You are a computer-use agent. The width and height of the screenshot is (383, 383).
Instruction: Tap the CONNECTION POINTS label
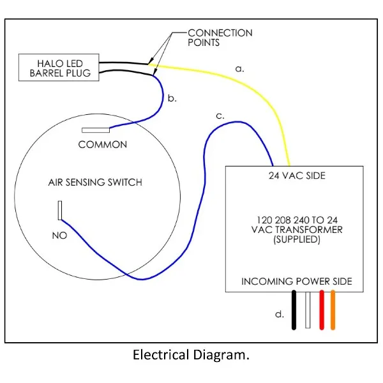220,38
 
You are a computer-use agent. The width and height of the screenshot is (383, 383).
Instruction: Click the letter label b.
172,98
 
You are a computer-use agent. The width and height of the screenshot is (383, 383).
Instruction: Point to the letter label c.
220,116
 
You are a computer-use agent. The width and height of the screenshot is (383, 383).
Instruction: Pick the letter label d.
280,314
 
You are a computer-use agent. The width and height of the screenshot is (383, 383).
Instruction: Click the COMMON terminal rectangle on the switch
96,130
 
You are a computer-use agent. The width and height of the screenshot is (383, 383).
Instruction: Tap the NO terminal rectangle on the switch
60,210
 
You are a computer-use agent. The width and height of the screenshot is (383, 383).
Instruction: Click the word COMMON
103,145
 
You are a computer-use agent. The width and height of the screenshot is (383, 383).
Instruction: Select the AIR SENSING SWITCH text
95,183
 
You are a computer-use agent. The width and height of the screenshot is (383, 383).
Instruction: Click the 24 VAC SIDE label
297,176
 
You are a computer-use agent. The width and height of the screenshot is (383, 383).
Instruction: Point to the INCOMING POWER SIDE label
297,282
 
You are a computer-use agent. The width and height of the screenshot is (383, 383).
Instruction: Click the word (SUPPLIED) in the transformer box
297,239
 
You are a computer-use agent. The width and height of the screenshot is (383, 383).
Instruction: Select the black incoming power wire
294,310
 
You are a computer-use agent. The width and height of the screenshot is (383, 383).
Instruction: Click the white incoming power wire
308,310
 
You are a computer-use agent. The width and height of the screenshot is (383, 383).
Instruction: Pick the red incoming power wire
322,310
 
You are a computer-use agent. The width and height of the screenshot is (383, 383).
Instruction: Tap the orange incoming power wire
333,310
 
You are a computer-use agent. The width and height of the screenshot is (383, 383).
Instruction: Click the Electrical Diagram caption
191,355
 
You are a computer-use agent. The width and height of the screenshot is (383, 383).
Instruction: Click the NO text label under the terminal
59,236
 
